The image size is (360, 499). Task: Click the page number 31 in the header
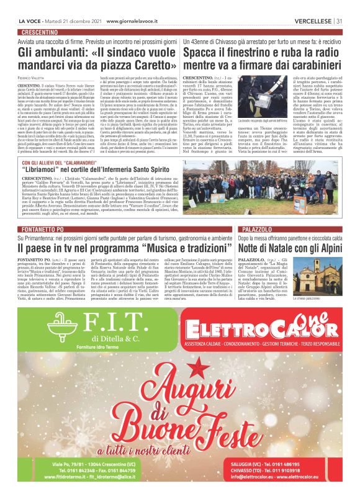point(340,21)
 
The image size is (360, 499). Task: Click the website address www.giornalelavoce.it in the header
point(135,21)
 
